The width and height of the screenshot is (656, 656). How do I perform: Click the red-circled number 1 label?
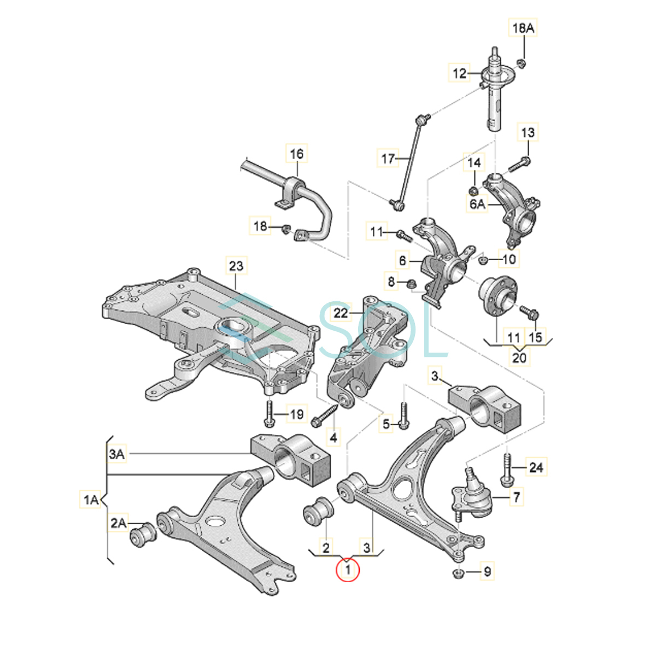point(348,571)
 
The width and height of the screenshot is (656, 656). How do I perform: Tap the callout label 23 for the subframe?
point(236,266)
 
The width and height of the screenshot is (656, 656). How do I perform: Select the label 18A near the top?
point(523,28)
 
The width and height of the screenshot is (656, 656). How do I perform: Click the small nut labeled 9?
point(459,573)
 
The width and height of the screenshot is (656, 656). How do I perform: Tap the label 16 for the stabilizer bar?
point(296,154)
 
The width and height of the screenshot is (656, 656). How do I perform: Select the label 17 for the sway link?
point(388,159)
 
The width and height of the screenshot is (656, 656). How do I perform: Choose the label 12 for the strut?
point(460,73)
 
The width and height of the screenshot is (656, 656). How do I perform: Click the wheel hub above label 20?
point(496,296)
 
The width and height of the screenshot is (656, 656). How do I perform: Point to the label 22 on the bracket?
point(341,313)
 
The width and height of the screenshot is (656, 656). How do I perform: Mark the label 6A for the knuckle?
point(477,204)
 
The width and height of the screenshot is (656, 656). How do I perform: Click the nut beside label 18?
point(285,229)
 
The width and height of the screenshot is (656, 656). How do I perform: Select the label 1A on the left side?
point(91,499)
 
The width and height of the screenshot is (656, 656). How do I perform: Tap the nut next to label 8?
point(413,284)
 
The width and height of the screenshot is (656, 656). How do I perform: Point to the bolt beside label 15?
point(530,313)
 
